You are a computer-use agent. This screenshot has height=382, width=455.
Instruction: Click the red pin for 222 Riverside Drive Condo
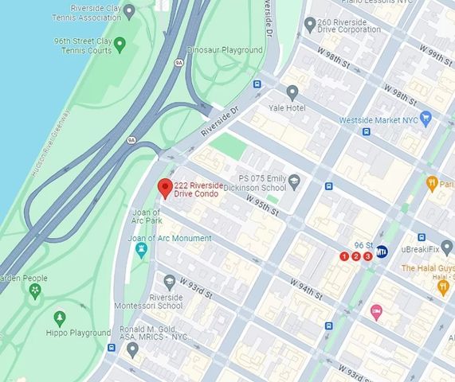tap(165, 189)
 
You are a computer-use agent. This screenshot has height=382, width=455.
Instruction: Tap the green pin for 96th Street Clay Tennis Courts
tap(120, 42)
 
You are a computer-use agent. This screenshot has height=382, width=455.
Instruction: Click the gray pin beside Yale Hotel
tap(292, 92)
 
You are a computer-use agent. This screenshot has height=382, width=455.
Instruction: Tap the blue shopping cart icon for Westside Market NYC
tap(426, 119)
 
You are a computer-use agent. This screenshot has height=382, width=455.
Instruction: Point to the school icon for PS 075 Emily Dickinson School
tap(294, 181)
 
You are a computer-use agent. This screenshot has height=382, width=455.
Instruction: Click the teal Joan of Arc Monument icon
tap(142, 251)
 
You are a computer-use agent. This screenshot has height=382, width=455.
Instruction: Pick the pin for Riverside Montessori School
tap(169, 281)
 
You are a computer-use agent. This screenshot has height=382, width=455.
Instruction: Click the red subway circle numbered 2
tap(355, 256)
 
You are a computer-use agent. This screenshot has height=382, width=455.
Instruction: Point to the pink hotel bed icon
tap(376, 311)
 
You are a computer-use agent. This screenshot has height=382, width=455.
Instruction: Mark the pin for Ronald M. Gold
tap(132, 349)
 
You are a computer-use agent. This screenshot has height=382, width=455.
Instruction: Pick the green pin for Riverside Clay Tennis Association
tap(130, 11)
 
